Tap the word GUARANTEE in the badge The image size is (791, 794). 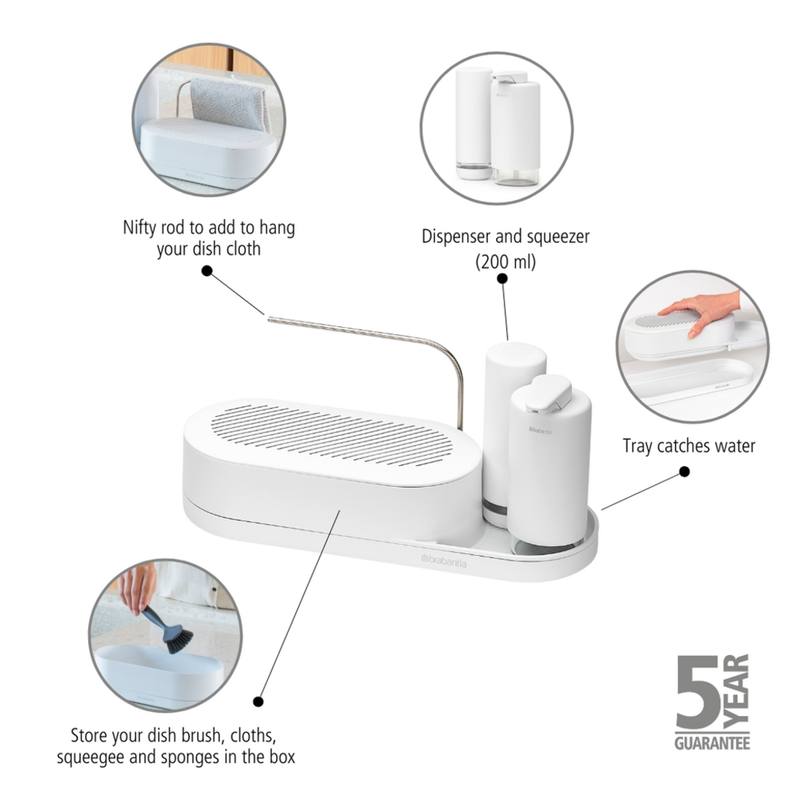click(x=712, y=743)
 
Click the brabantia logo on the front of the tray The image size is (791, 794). click(x=443, y=560)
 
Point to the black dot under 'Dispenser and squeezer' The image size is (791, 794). click(x=502, y=279)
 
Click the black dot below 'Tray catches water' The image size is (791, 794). click(x=684, y=471)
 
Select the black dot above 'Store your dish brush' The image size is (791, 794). click(x=258, y=701)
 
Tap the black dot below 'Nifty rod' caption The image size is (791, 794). click(x=207, y=271)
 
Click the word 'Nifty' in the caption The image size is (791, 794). click(x=140, y=228)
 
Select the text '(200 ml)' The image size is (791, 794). click(x=505, y=262)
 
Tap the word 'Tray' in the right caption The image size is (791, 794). click(x=637, y=446)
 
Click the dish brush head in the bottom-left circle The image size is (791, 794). click(x=178, y=639)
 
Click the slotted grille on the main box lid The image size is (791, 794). click(x=331, y=435)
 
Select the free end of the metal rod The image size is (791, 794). click(x=269, y=319)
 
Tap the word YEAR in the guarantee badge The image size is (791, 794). click(x=736, y=691)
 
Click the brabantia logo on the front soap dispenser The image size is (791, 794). click(x=541, y=431)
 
